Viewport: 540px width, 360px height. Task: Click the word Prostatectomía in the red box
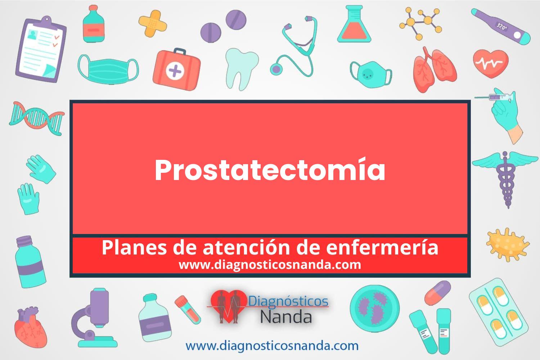tap(270, 170)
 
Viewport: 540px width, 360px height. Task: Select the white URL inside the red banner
tap(270, 265)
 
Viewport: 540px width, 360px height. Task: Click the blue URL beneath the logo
tap(272, 346)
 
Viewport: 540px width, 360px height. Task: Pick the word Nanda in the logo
tap(286, 316)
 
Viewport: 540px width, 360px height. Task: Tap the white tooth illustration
tap(242, 69)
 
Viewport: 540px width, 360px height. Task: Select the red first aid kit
tap(176, 69)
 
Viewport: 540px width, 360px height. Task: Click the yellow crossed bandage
tap(153, 23)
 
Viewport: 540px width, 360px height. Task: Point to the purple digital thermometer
tap(501, 27)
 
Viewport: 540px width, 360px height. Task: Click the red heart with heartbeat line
tap(491, 63)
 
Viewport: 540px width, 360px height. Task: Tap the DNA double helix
tap(37, 118)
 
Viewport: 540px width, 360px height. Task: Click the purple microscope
tap(94, 318)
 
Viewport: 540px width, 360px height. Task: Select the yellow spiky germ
tap(508, 245)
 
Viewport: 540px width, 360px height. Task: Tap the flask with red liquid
tap(354, 24)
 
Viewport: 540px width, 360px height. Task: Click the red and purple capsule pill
tap(437, 293)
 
